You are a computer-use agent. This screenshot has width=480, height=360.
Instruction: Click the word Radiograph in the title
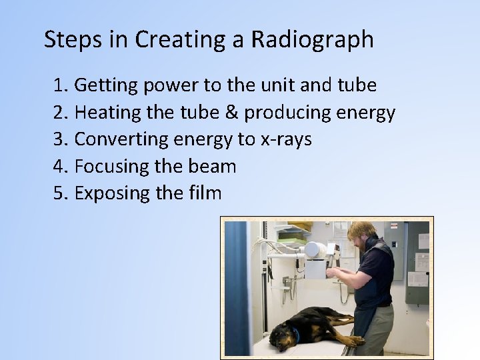[312, 40]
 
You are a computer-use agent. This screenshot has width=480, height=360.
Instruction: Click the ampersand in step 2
[231, 113]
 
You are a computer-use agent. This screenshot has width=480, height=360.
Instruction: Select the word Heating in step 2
[107, 113]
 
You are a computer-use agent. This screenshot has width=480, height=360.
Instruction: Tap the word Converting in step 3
[121, 139]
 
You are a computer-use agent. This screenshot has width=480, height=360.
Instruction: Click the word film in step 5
[203, 193]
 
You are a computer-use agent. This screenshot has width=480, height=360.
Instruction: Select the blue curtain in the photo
[236, 280]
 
